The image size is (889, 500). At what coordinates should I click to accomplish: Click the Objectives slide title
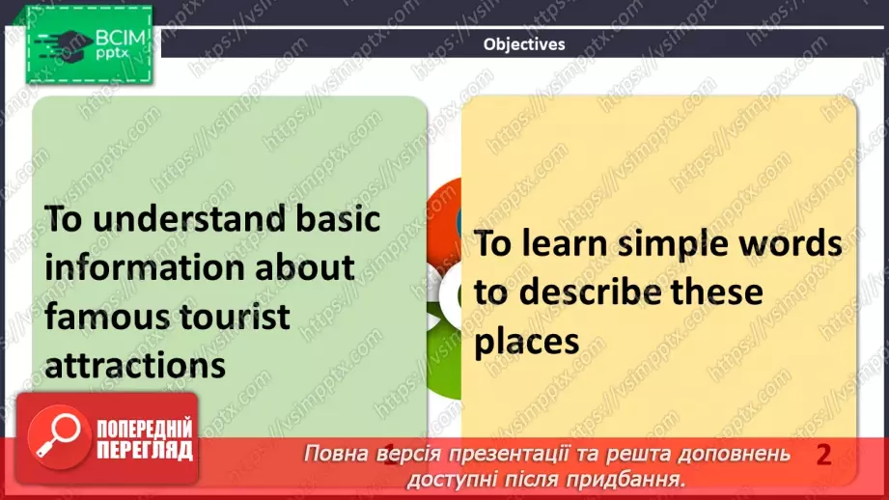coord(523,44)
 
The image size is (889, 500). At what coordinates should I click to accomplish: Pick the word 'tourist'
coord(238,316)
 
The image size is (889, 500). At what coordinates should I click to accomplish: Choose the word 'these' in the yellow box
coord(715,292)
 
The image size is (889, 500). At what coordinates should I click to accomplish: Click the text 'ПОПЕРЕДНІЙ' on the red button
coord(143,429)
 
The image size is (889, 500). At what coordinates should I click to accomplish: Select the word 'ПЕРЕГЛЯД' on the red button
coord(143,450)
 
